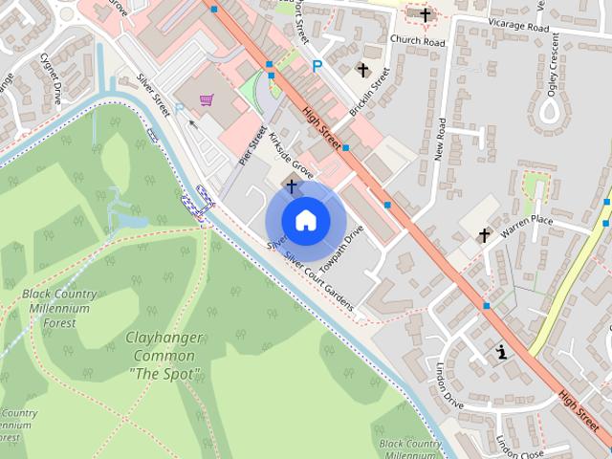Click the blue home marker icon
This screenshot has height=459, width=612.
tap(305, 219)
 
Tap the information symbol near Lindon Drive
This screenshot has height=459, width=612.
tap(501, 353)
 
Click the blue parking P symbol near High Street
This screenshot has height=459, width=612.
tap(317, 66)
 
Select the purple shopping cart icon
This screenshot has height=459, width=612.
tap(206, 98)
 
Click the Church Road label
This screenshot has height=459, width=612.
tap(418, 41)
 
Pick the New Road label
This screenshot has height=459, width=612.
tap(441, 140)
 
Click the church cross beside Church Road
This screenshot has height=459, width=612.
tap(426, 14)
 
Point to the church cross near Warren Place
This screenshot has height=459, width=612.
tap(484, 234)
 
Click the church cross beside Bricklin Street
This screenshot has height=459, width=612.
tap(362, 70)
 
